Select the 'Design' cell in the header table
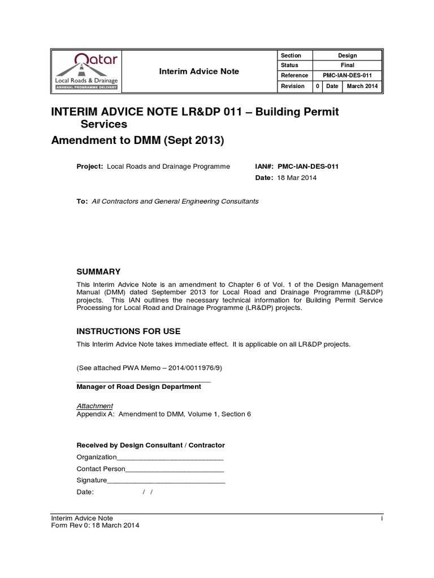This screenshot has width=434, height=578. [x=347, y=55]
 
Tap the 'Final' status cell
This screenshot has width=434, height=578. [x=347, y=65]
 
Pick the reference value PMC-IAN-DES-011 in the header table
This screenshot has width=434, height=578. [x=347, y=76]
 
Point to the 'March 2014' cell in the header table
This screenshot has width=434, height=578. [x=363, y=86]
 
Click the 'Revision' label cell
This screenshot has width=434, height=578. [x=293, y=86]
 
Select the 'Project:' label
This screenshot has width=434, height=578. [x=89, y=167]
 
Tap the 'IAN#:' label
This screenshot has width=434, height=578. [x=265, y=167]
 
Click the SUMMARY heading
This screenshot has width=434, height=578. [x=98, y=272]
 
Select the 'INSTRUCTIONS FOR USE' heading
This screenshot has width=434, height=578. [x=128, y=331]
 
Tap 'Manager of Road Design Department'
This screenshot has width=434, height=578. [x=138, y=387]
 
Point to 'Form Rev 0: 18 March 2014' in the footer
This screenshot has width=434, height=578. [x=95, y=525]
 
